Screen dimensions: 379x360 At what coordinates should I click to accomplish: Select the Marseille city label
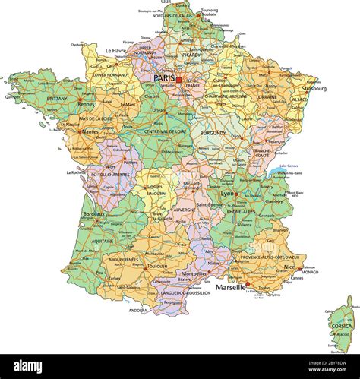(x=230, y=288)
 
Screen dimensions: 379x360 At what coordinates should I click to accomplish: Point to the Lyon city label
(x=226, y=194)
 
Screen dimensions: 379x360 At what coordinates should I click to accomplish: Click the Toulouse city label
(x=157, y=267)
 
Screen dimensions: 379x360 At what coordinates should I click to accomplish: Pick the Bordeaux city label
(x=94, y=215)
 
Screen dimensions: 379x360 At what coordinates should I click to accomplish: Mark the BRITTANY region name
(x=58, y=98)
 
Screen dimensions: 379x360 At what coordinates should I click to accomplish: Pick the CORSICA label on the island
(x=339, y=326)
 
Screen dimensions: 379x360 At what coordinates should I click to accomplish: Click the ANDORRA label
(x=138, y=310)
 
